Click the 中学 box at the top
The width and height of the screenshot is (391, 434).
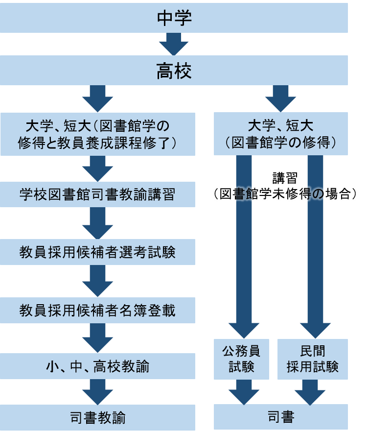(x=174, y=18)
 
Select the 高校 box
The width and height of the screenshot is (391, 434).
(x=174, y=71)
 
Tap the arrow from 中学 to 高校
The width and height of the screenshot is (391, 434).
(x=174, y=44)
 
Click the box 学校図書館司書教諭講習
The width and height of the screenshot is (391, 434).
(x=97, y=195)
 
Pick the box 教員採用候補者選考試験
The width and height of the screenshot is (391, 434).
(x=97, y=252)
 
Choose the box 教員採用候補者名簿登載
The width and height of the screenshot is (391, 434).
(x=97, y=310)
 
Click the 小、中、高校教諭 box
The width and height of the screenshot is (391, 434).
(x=97, y=366)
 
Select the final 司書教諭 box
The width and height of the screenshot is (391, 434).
(x=97, y=418)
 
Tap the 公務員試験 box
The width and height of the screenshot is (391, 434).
(x=241, y=359)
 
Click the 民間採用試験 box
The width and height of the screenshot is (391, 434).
(x=313, y=359)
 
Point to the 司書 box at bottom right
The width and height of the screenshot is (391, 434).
(x=281, y=417)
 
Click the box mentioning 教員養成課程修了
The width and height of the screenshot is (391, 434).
(x=97, y=134)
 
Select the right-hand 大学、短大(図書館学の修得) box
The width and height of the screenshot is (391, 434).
(x=281, y=134)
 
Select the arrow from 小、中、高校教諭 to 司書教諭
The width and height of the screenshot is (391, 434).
(x=97, y=391)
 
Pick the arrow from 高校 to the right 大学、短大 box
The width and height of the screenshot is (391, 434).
(x=280, y=98)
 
